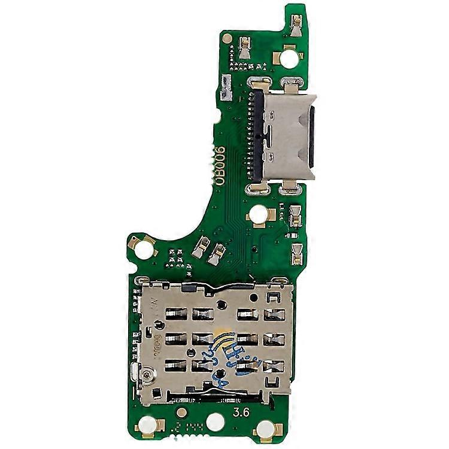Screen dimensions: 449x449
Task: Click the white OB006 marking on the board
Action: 220,166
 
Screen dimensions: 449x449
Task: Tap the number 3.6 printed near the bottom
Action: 242,412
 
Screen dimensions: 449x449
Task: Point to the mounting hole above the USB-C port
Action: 289,58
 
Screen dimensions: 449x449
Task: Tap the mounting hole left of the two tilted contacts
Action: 144,248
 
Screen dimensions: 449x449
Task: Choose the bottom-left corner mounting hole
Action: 147,426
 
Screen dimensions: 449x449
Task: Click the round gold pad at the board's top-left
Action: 227,39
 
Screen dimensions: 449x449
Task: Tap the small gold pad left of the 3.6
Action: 181,412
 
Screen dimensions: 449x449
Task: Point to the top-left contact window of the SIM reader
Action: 176,313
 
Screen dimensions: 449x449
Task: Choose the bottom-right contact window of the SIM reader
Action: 273,365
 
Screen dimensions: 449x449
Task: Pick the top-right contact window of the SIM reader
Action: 273,313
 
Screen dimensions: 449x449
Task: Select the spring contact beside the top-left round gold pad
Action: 244,47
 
